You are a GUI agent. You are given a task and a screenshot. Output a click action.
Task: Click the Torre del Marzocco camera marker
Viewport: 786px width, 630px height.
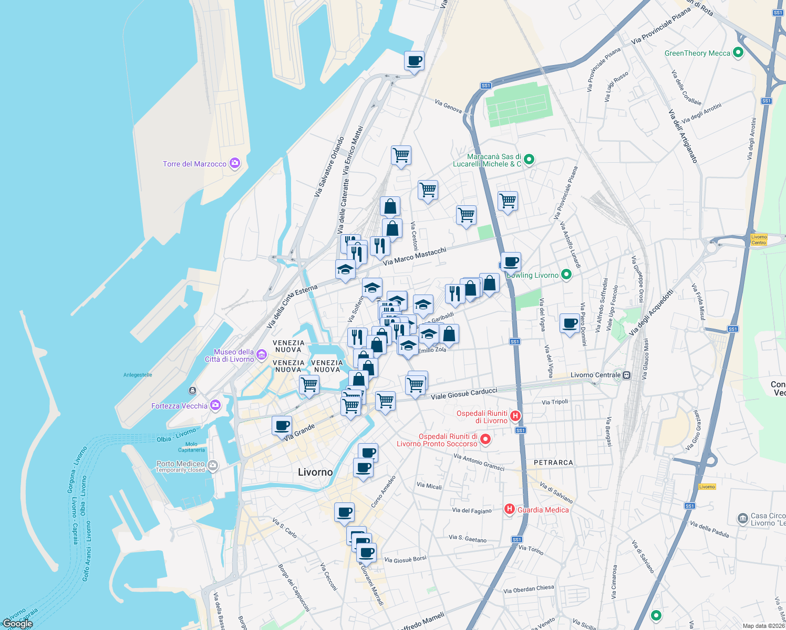(x=234, y=163)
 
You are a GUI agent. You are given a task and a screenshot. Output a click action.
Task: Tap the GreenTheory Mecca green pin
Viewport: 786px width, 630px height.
(x=738, y=52)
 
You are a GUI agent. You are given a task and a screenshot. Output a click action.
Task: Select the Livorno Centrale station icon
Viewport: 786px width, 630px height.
(x=626, y=375)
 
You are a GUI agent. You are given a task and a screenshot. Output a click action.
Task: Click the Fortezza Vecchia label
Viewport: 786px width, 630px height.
(x=179, y=406)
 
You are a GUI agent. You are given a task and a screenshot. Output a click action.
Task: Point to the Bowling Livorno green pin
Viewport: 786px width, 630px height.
(x=566, y=275)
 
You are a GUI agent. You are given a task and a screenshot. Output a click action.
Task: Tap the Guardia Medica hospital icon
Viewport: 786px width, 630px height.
(x=509, y=509)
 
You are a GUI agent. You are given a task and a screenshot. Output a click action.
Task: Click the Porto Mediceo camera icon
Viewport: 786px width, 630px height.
(x=213, y=465)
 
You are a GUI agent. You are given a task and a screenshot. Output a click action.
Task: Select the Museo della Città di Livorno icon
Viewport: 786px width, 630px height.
(x=262, y=355)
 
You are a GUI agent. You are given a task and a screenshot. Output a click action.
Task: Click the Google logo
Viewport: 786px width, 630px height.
(x=17, y=624)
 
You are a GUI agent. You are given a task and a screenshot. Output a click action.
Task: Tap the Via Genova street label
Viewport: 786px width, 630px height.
(x=448, y=106)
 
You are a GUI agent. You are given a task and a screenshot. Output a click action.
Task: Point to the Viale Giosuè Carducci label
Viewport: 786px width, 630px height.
(x=464, y=393)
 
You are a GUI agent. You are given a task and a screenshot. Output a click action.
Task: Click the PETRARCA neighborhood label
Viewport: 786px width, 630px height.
(x=553, y=463)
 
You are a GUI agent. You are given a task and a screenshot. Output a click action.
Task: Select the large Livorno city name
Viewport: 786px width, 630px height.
(x=315, y=472)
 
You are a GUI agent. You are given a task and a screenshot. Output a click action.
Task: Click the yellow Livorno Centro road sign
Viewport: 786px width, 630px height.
(x=759, y=239)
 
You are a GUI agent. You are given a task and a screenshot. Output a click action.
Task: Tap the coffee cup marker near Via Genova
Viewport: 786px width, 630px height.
(x=414, y=61)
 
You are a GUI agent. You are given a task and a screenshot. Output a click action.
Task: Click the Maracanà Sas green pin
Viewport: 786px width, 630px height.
(x=529, y=160)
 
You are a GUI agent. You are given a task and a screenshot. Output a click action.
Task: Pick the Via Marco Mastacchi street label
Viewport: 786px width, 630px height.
(x=415, y=256)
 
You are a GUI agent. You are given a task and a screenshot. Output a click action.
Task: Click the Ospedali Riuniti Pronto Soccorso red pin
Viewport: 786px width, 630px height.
(x=485, y=439)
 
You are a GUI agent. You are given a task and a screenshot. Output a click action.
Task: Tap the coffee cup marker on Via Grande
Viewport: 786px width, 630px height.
(x=282, y=425)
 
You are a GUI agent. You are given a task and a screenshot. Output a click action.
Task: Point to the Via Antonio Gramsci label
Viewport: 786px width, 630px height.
(x=479, y=463)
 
